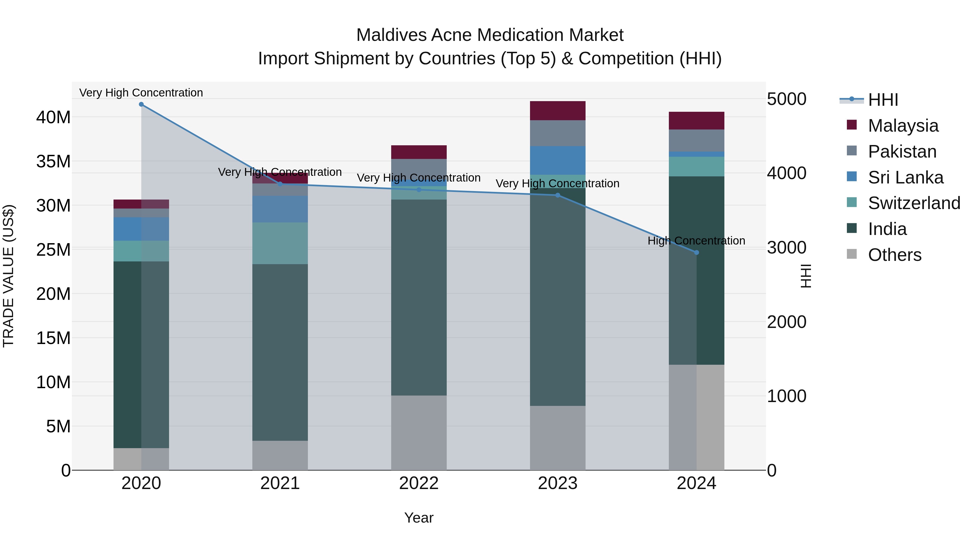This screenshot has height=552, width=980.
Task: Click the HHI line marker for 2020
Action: point(141,104)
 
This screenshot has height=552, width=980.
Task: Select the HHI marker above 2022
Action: point(419,190)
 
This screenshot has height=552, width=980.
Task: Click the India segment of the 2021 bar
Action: point(280,352)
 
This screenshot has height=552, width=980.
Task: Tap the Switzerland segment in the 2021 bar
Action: point(280,243)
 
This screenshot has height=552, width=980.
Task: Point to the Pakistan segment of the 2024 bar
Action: point(696,141)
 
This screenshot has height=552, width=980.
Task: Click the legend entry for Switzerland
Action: point(914,203)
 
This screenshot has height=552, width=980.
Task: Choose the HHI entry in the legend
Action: point(883,100)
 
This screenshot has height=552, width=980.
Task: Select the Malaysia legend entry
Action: point(903,126)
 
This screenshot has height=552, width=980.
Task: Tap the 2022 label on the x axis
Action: point(419,483)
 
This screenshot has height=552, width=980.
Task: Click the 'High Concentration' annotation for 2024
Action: point(696,241)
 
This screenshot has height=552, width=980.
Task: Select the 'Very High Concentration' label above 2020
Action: point(141,93)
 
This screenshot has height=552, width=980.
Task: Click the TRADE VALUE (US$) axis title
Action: point(8,276)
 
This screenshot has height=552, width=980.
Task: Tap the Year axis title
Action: point(419,518)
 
